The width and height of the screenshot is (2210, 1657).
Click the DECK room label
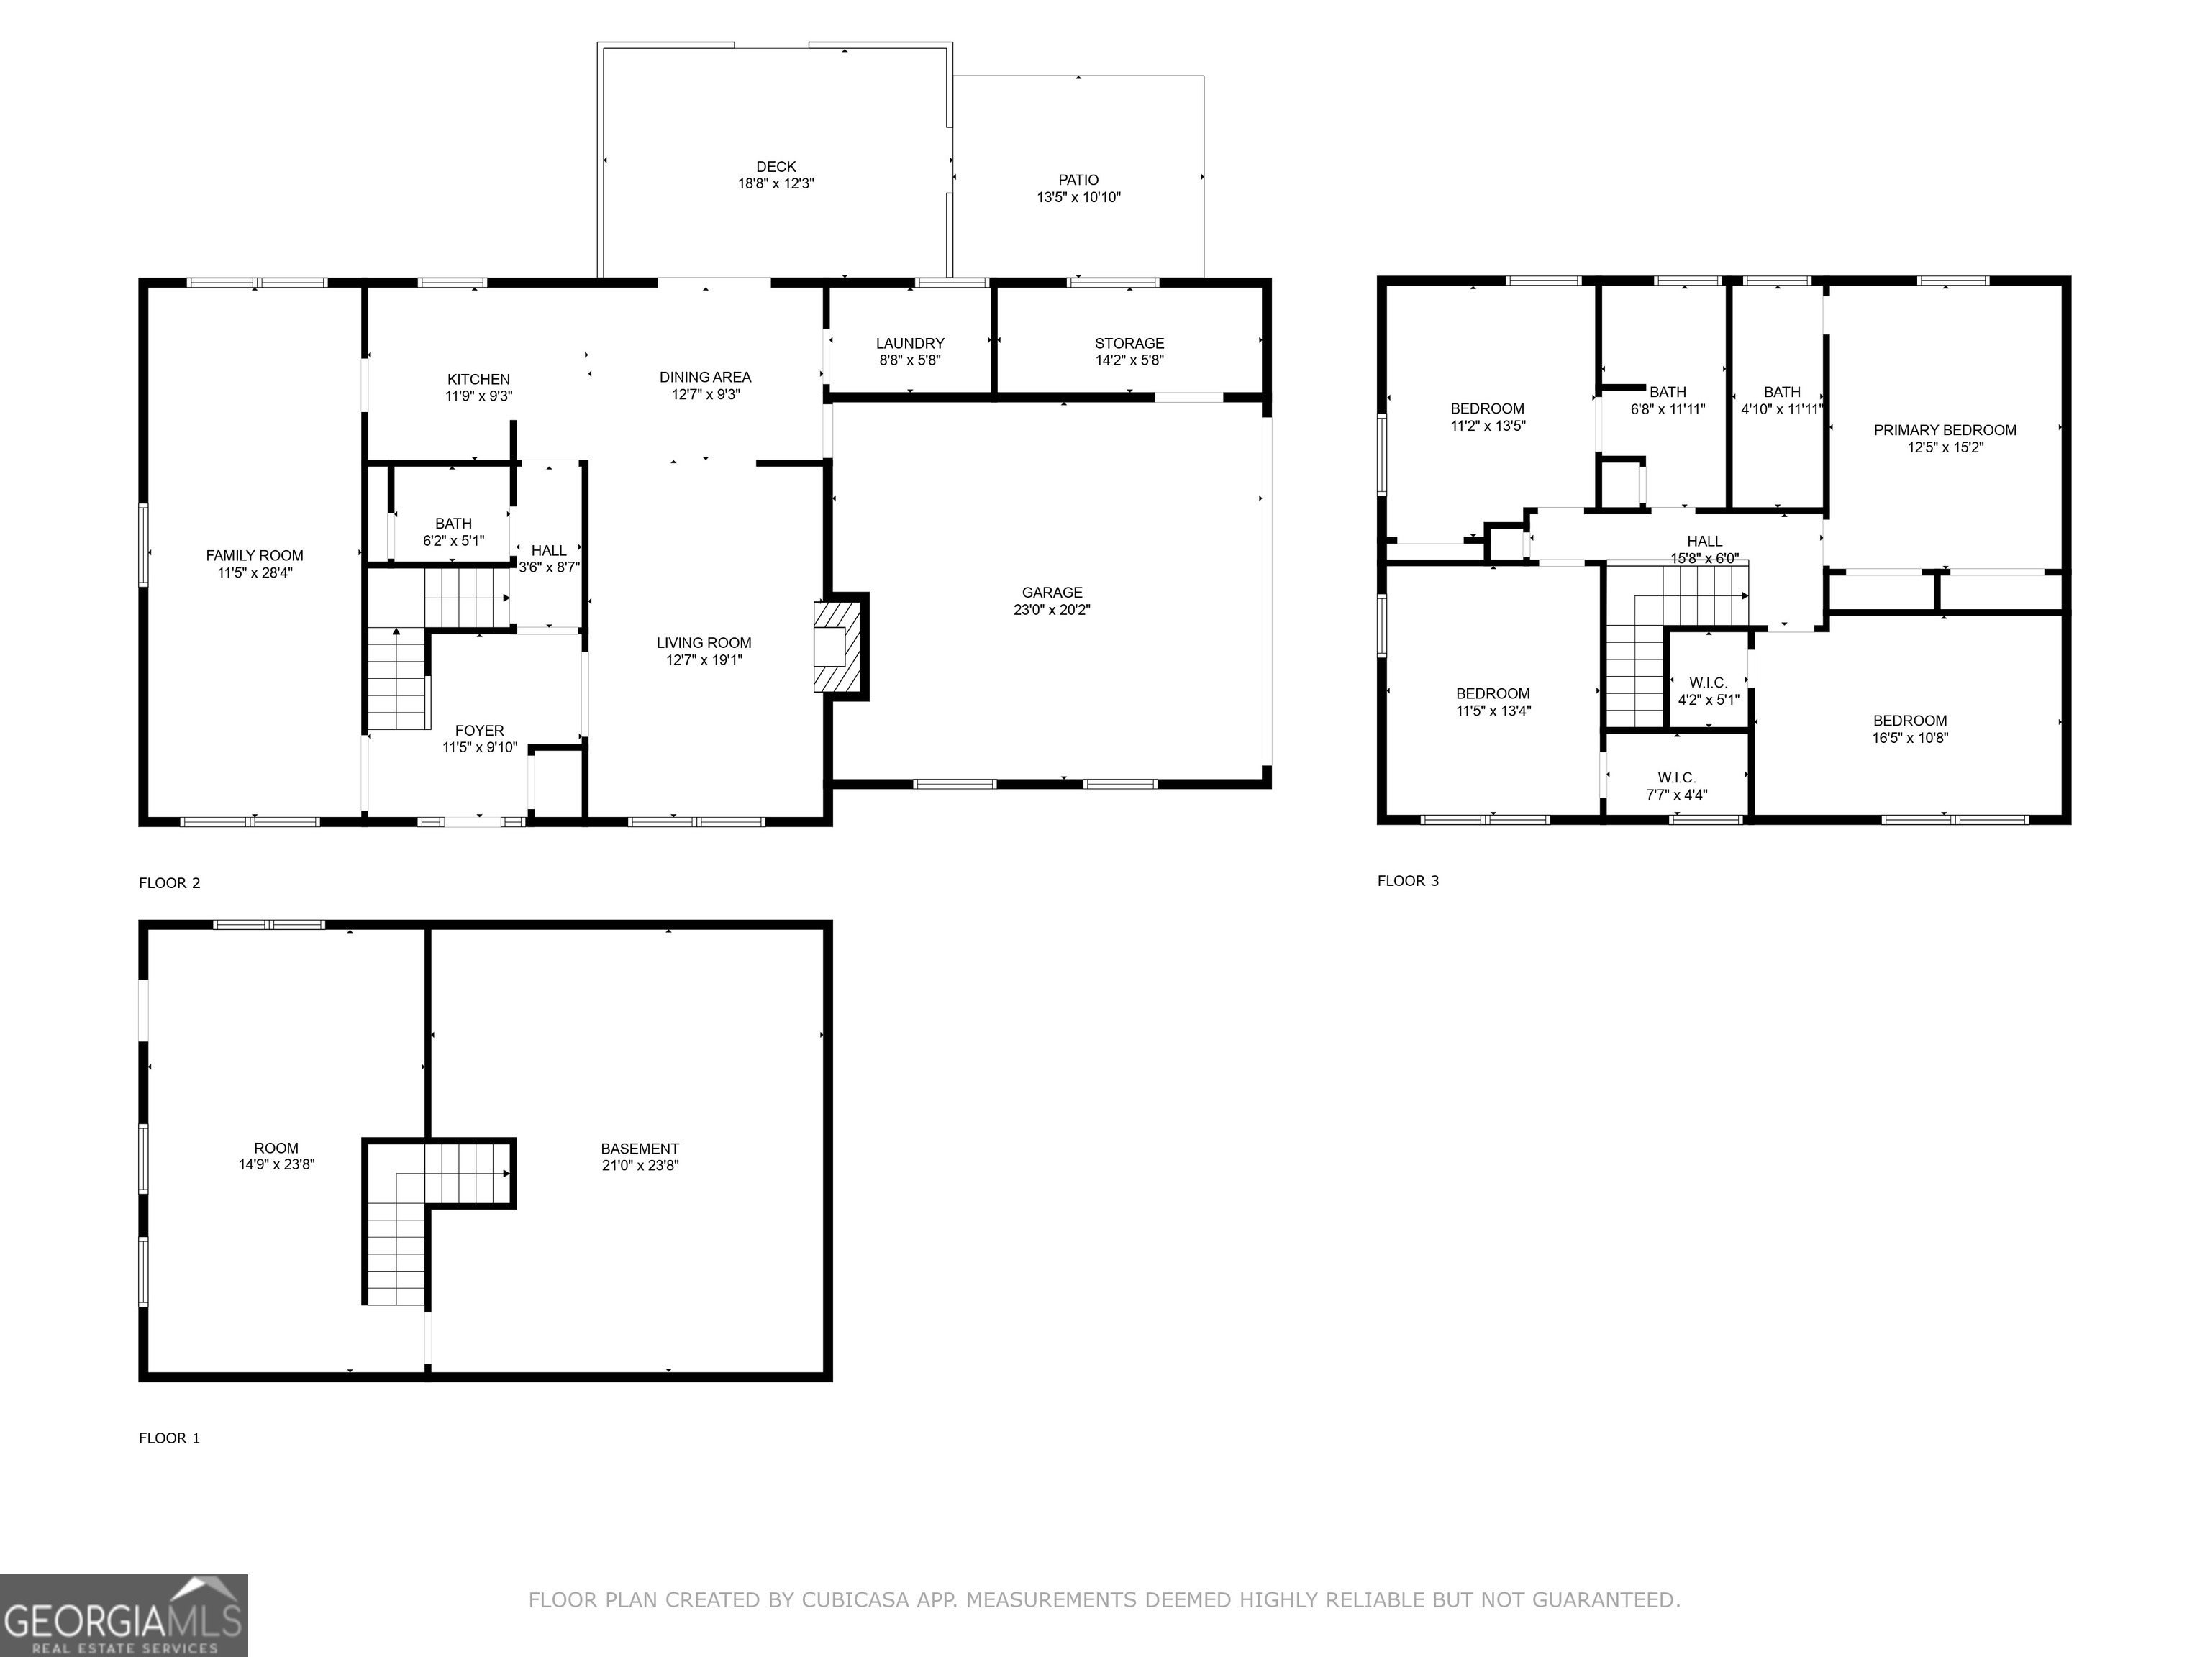click(776, 167)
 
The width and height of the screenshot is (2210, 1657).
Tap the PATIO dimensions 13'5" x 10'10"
click(1078, 198)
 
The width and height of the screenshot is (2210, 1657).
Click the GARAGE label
click(1052, 593)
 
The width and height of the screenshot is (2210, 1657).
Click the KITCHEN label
click(478, 380)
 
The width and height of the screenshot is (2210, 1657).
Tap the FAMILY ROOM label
click(255, 555)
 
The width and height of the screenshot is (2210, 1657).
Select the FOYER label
click(480, 730)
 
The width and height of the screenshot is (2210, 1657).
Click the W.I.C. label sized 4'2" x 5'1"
click(1709, 683)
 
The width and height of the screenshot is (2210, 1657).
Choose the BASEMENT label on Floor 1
click(640, 1149)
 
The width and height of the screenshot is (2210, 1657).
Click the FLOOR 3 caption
click(1408, 881)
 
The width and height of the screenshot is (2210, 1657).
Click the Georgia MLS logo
click(124, 1615)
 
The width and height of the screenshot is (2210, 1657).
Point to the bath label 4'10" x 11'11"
click(1783, 409)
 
